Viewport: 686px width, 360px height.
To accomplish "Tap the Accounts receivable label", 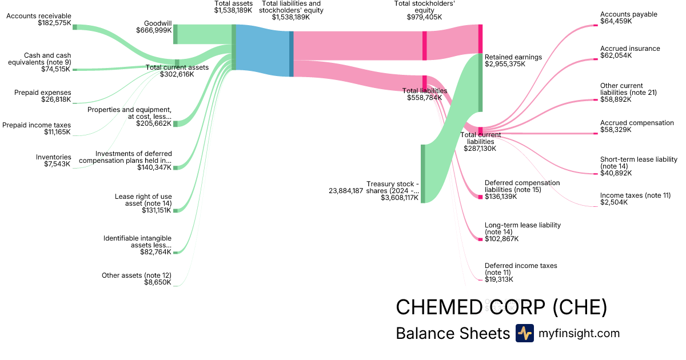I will [39, 16].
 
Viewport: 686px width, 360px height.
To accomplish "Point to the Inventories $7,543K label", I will [53, 161].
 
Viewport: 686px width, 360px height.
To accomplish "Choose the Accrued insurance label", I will [630, 49].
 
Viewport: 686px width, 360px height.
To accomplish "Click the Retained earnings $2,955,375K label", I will [513, 61].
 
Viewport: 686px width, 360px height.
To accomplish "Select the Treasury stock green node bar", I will [423, 174].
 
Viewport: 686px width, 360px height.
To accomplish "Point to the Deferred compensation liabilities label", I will [522, 186].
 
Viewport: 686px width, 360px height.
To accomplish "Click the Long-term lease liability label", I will [523, 229].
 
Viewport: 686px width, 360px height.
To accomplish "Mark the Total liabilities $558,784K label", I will [424, 94].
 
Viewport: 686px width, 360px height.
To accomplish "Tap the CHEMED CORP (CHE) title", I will [501, 307].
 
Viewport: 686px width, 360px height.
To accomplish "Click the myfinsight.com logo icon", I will [524, 333].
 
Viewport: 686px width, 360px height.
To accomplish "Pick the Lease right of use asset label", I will [143, 200].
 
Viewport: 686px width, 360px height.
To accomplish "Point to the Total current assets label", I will [177, 67].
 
